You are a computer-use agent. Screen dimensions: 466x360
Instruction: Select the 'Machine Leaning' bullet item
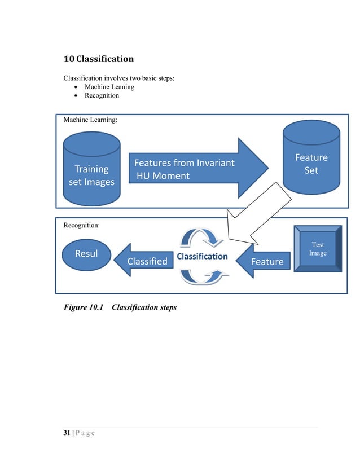pyautogui.click(x=109, y=86)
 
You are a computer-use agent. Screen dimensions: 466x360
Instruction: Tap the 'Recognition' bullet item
pyautogui.click(x=102, y=95)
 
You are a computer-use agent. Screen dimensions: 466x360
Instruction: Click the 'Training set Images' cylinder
pyautogui.click(x=91, y=169)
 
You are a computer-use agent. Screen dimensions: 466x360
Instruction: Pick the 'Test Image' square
pyautogui.click(x=318, y=249)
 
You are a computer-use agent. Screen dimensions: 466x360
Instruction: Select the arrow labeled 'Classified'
pyautogui.click(x=143, y=261)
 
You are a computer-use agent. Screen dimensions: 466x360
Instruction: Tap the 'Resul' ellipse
pyautogui.click(x=86, y=253)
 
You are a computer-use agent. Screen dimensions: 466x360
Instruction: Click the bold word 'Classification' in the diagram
pyautogui.click(x=201, y=256)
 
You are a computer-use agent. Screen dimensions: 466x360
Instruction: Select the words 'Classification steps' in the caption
pyautogui.click(x=144, y=307)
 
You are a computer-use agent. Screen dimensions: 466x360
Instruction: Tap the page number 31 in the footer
pyautogui.click(x=67, y=433)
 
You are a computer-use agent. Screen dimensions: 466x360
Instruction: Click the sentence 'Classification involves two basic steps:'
pyautogui.click(x=118, y=77)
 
